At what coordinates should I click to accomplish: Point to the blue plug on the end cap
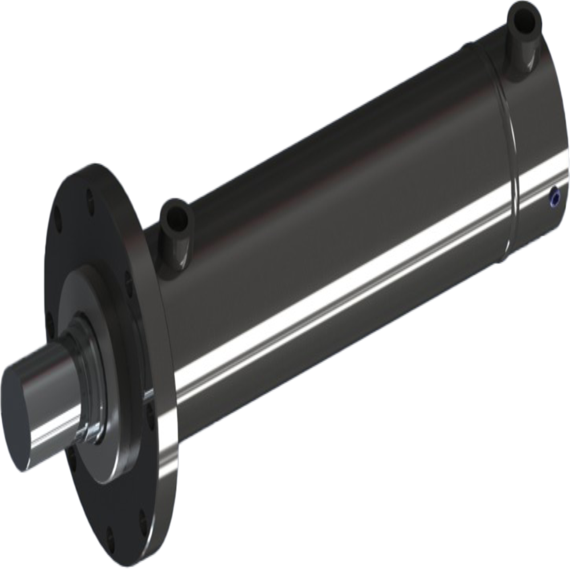click(x=552, y=197)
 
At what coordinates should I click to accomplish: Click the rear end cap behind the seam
click(x=536, y=131)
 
